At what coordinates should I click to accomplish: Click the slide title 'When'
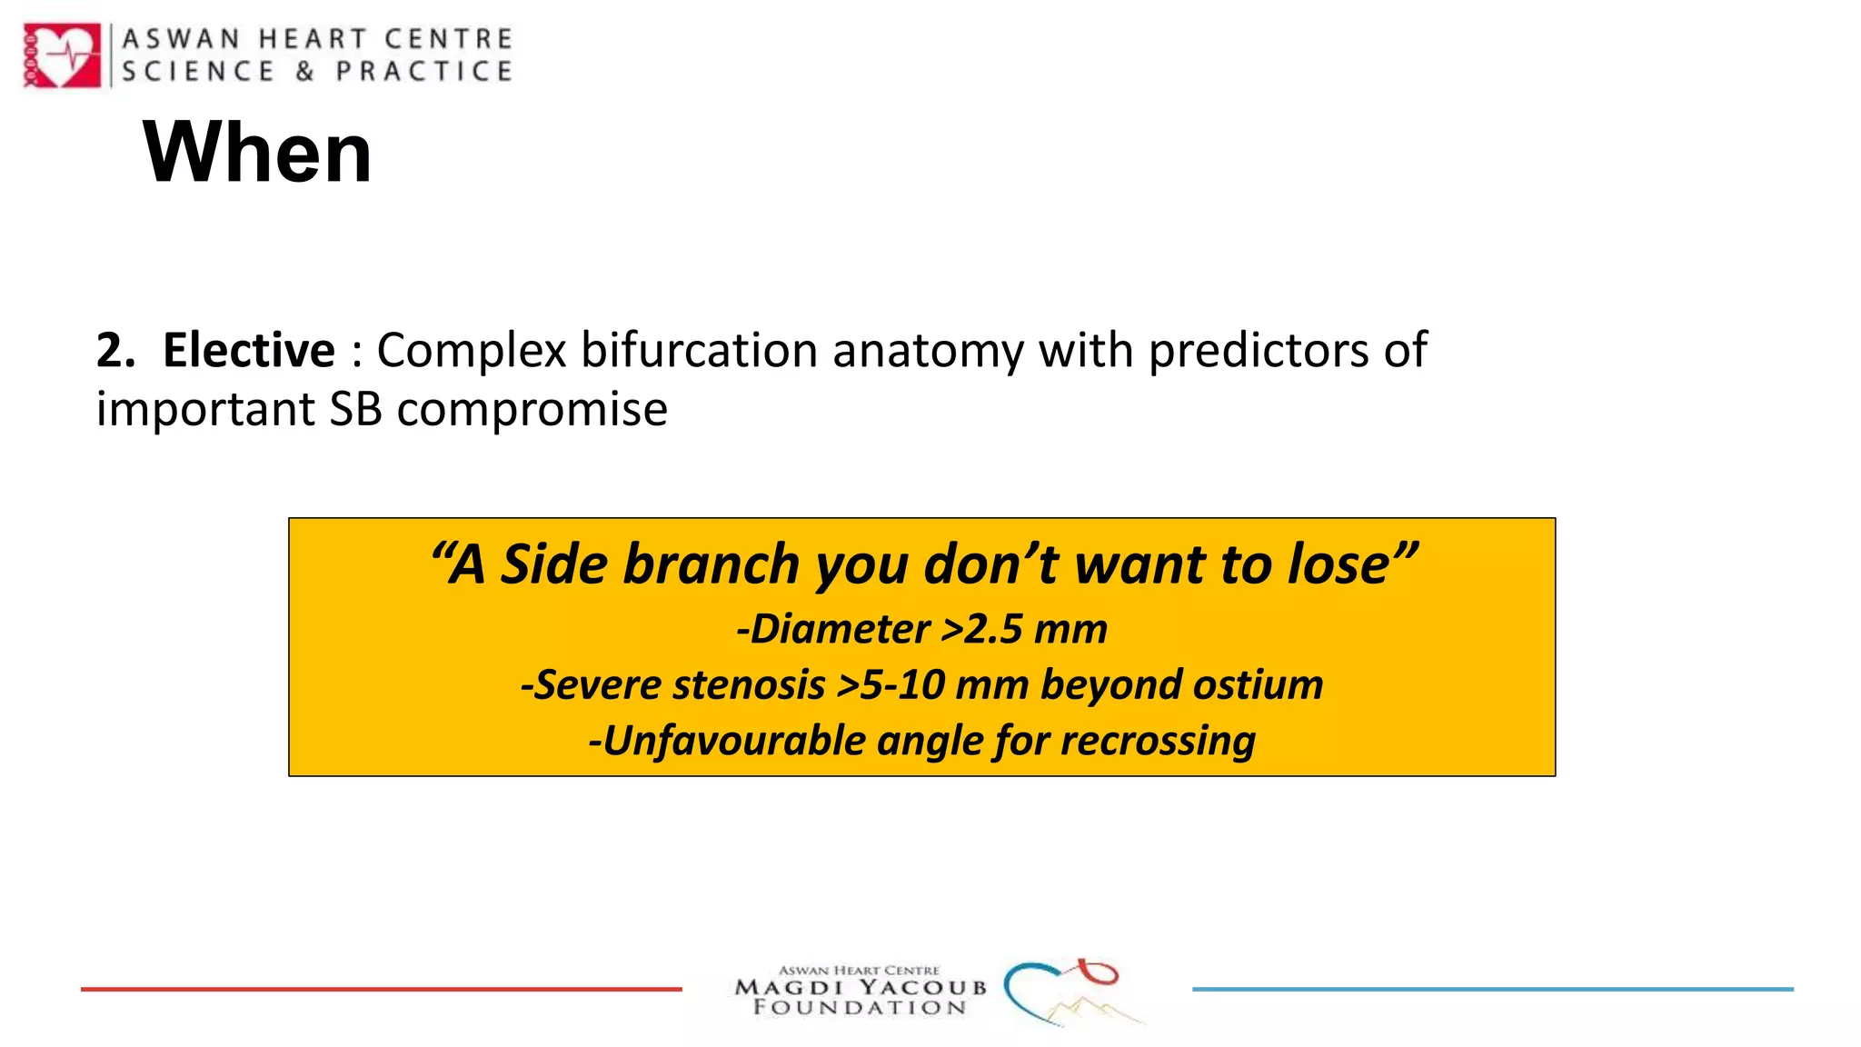click(257, 153)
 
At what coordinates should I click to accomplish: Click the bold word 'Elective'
click(248, 350)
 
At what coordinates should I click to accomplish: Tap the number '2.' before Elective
click(115, 350)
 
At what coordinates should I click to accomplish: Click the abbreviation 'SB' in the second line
click(355, 409)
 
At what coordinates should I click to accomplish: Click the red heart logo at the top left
click(62, 55)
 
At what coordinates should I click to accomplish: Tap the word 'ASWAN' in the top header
click(181, 39)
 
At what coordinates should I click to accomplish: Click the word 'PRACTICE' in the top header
click(423, 72)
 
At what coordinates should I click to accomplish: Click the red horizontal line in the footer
click(381, 989)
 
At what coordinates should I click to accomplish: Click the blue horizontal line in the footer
click(1492, 989)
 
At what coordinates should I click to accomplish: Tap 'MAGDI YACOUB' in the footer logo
click(860, 988)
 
